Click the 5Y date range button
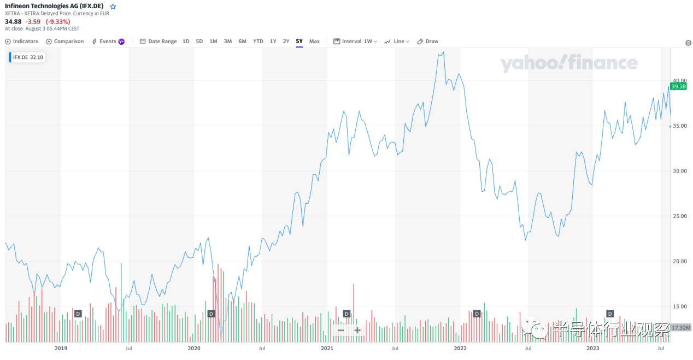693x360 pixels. [x=299, y=42]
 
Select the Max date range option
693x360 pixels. [x=314, y=42]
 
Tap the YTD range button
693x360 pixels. [x=258, y=42]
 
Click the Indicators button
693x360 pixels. [x=22, y=42]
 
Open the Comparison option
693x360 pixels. [x=65, y=42]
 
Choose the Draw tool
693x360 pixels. [x=428, y=42]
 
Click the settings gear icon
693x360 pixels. [x=688, y=43]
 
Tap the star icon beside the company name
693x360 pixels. [x=113, y=7]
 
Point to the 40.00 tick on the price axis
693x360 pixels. [x=679, y=80]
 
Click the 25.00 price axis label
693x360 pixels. [x=679, y=216]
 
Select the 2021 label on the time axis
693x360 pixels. [x=327, y=347]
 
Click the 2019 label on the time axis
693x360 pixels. [x=61, y=347]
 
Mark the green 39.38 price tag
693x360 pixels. [x=678, y=86]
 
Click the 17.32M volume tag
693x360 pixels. [x=681, y=328]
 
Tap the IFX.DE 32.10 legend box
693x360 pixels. [x=27, y=57]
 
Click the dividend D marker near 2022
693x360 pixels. [x=477, y=314]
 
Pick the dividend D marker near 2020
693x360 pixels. [x=211, y=314]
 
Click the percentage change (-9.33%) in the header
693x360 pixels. [x=58, y=22]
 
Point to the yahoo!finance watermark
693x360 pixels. [x=569, y=63]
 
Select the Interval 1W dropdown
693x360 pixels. [x=355, y=42]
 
